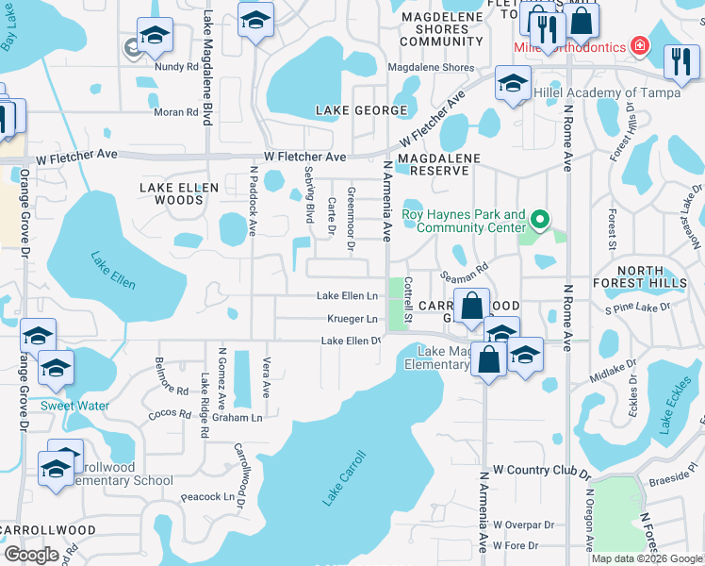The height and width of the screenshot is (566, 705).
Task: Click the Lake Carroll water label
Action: [x=344, y=478]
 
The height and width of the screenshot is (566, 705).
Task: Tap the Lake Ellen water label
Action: [x=113, y=270]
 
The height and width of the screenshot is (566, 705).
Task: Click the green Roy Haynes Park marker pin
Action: [x=539, y=222]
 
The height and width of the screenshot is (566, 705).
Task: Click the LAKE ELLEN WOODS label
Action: [x=179, y=194]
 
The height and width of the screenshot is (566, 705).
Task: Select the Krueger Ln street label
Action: [x=352, y=319]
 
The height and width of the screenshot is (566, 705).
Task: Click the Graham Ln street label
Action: [x=237, y=417]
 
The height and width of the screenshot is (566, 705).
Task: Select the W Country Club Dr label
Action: [x=541, y=470]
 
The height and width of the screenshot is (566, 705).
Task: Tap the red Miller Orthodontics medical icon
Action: [x=640, y=45]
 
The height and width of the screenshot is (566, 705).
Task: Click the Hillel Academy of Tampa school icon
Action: [x=513, y=85]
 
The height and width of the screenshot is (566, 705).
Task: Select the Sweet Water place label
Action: [x=74, y=406]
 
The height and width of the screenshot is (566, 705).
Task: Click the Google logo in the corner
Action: [x=31, y=555]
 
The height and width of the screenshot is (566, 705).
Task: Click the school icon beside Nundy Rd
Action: [x=155, y=36]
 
